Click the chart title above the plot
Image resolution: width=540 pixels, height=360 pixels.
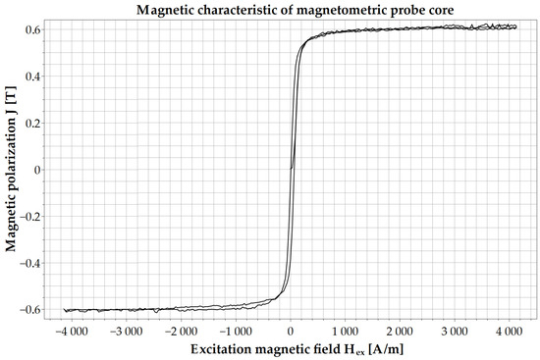point(291,10)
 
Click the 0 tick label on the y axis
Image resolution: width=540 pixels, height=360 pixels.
point(38,169)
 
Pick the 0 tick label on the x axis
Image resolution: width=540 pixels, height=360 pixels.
point(292,331)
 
